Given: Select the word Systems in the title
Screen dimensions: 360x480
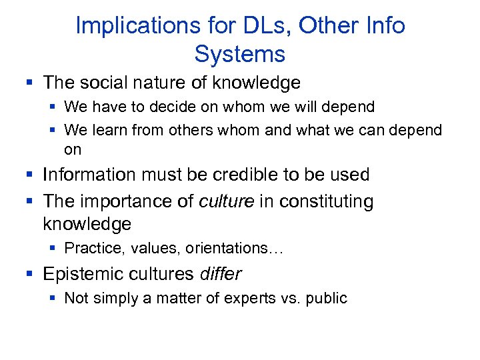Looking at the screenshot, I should pyautogui.click(x=240, y=53).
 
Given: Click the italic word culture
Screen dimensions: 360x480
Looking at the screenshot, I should pyautogui.click(x=227, y=201).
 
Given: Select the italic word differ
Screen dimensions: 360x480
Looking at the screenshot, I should pyautogui.click(x=221, y=274).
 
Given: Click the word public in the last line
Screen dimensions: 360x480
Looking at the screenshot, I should pyautogui.click(x=327, y=298).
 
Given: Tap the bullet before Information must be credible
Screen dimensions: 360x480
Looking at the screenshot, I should pyautogui.click(x=29, y=175).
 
